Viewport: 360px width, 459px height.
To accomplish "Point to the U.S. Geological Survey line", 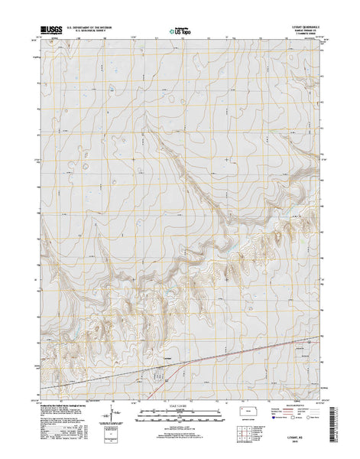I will [x=95, y=34].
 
